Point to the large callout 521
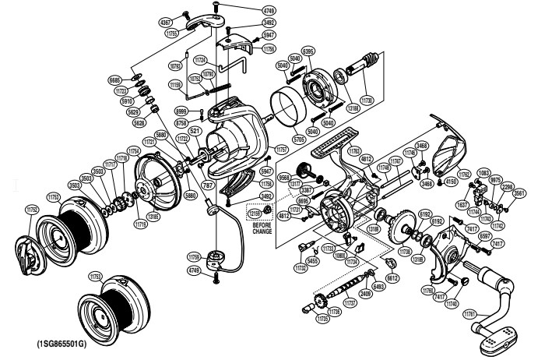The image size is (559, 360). pos(195,131)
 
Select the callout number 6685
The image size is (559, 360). pos(114,80)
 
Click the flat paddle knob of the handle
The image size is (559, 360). pos(499,337)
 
